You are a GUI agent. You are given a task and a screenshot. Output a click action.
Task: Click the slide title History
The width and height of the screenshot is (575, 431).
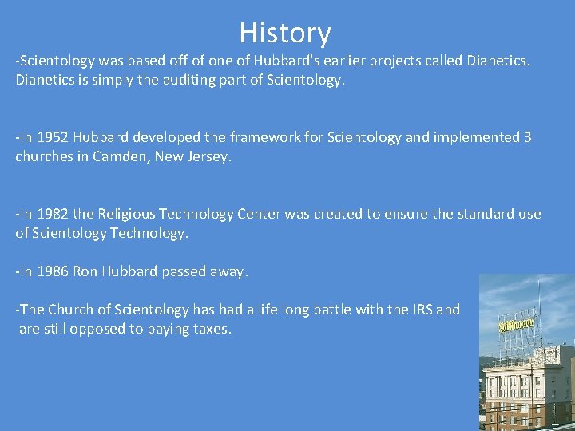pyautogui.click(x=284, y=33)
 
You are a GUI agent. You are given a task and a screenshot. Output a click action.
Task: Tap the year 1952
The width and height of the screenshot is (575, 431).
pyautogui.click(x=52, y=137)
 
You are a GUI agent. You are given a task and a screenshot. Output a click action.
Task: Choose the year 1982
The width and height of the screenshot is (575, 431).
pyautogui.click(x=52, y=214)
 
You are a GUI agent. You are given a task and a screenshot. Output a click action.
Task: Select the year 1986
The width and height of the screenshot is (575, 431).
pyautogui.click(x=52, y=271)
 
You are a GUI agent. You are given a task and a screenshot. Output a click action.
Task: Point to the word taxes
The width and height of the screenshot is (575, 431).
pyautogui.click(x=211, y=329)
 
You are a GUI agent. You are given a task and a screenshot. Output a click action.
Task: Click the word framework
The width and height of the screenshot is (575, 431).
pyautogui.click(x=208, y=137)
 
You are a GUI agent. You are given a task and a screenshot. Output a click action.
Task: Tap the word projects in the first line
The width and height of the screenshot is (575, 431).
pyautogui.click(x=377, y=61)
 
